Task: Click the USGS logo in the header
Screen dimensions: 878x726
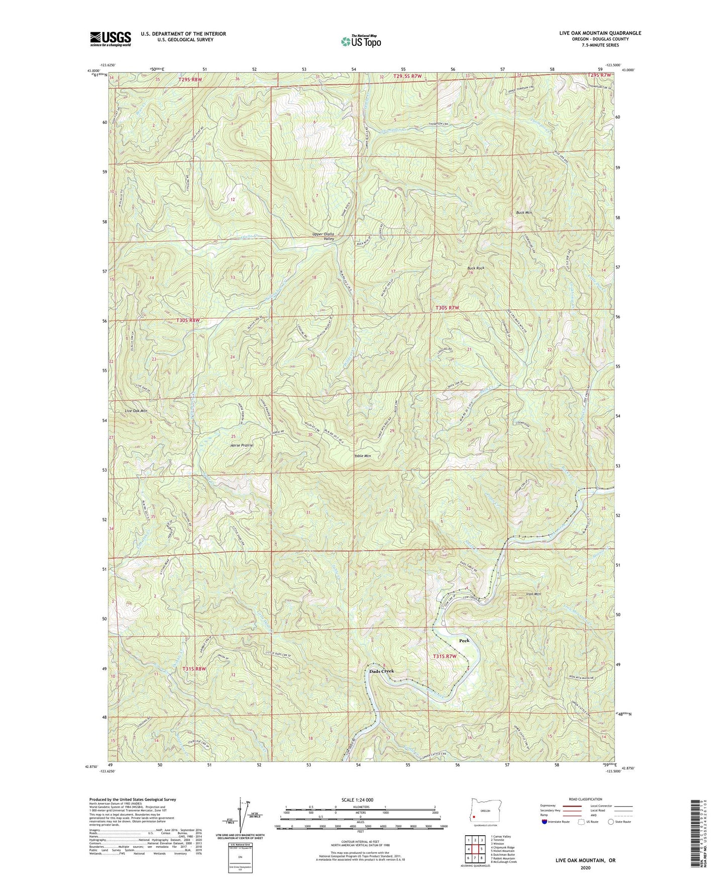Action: click(x=111, y=38)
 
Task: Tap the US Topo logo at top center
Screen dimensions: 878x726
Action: click(x=360, y=41)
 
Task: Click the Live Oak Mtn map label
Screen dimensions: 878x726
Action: click(x=136, y=411)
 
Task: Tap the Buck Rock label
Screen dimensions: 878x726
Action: click(x=476, y=268)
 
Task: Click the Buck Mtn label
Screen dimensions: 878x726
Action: click(x=524, y=213)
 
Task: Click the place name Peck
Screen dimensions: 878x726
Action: click(x=464, y=641)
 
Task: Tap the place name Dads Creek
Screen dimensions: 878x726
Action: click(x=382, y=671)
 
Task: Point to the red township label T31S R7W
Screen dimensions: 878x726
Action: click(x=445, y=656)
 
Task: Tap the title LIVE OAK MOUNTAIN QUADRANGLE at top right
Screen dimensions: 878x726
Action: click(x=596, y=33)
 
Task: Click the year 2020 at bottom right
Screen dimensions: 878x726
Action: click(x=585, y=867)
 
